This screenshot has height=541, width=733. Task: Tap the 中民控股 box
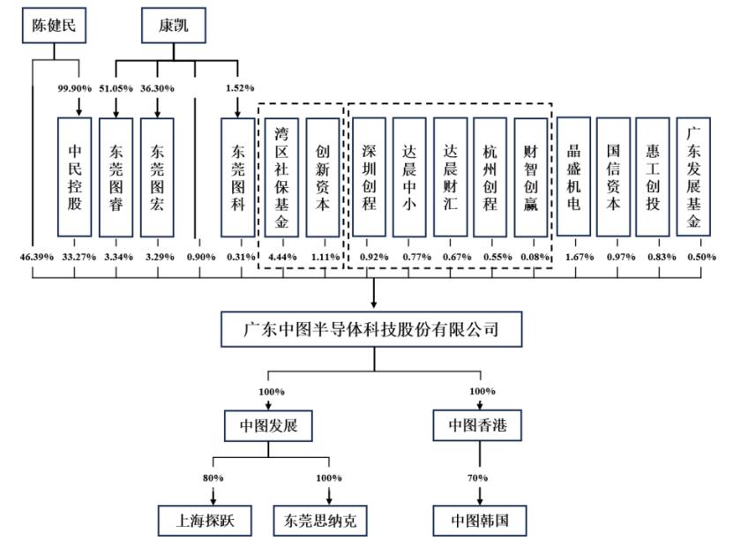[x=74, y=177]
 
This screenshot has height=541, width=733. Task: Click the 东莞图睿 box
[x=116, y=177]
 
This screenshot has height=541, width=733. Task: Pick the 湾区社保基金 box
[x=281, y=177]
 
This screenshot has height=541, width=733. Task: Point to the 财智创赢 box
[x=531, y=177]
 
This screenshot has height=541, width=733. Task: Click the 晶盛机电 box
[x=574, y=177]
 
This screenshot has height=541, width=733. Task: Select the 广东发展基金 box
[x=694, y=177]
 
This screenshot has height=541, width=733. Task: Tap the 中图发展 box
[x=268, y=426]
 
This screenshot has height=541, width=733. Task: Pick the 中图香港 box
[x=481, y=426]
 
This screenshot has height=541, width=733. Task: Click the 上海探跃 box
[x=205, y=519]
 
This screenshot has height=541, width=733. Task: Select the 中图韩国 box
[x=481, y=519]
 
